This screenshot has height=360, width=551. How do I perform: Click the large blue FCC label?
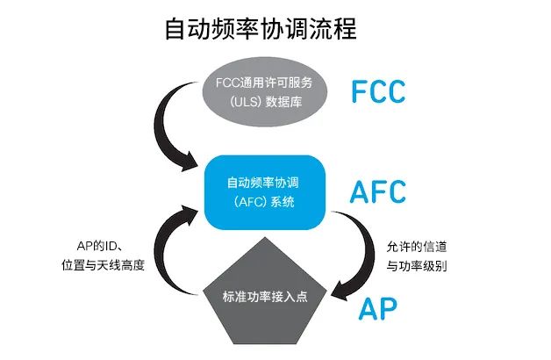point(385,90)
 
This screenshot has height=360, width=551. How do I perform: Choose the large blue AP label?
point(378,308)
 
